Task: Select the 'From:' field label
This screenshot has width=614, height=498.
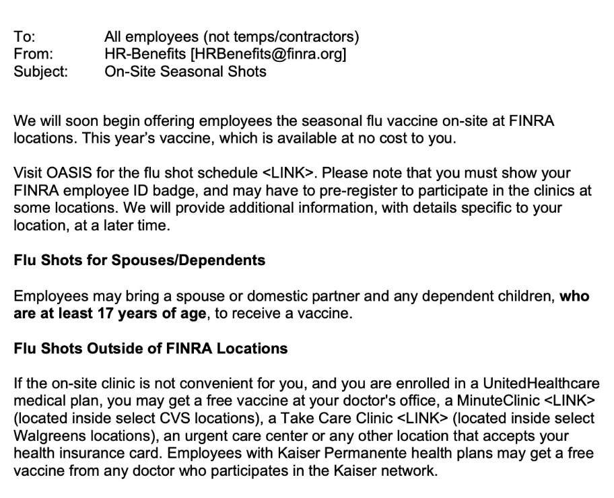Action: point(33,54)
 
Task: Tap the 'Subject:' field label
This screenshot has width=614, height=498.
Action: point(40,71)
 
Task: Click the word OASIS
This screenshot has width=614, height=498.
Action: point(67,174)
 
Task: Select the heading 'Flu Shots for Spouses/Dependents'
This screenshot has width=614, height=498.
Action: point(139,260)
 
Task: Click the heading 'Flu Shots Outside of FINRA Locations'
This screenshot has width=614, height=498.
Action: point(151,349)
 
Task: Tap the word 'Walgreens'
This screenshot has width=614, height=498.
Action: point(46,436)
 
